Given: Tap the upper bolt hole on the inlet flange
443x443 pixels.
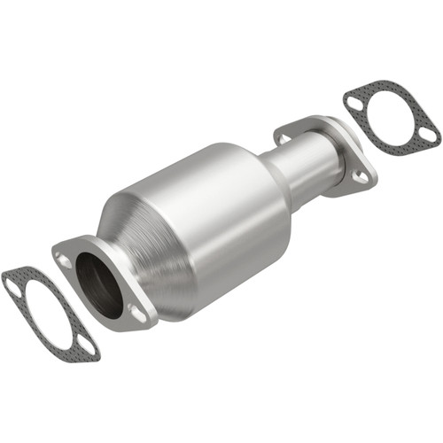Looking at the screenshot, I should [x=65, y=260].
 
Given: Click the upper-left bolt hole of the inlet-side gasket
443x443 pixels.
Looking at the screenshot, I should [x=12, y=284].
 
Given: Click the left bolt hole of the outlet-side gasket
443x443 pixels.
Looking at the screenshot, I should [x=354, y=103].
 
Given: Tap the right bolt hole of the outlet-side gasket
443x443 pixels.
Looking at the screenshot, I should [x=428, y=135].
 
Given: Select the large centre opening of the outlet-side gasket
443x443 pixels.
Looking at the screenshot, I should [x=391, y=118].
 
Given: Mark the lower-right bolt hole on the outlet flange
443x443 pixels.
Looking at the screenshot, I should [x=360, y=175].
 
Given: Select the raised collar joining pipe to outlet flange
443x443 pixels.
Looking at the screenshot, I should [x=330, y=151].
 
